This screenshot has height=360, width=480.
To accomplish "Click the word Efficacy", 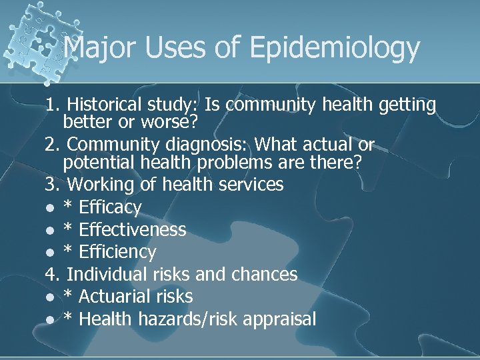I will pyautogui.click(x=110, y=207).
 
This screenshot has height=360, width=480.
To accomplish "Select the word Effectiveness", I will pyautogui.click(x=133, y=230).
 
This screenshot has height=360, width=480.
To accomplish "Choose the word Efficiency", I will pyautogui.click(x=117, y=252).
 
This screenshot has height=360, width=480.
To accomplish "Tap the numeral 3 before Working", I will pyautogui.click(x=51, y=183).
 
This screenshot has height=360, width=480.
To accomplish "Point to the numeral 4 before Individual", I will pyautogui.click(x=51, y=274).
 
